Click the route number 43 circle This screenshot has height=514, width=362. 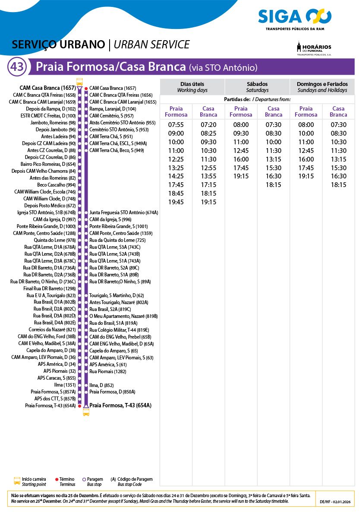17,67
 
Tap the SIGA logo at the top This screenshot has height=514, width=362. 295,18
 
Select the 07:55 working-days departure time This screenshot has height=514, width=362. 176,125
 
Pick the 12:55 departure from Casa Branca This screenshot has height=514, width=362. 208,168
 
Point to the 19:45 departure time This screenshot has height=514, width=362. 176,202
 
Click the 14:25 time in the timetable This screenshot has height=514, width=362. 176,176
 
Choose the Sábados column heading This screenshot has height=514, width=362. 257,87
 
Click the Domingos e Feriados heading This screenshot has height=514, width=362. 322,87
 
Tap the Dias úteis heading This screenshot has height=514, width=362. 192,87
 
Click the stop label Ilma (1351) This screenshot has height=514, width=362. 65,385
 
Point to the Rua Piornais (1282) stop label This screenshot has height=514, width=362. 107,371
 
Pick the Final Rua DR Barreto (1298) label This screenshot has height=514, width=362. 50,289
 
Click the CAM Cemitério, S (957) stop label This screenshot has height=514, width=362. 111,116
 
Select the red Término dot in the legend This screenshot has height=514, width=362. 57,479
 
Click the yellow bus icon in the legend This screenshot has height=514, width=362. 17,482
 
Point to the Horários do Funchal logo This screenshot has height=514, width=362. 314,48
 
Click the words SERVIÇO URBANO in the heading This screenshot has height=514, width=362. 59,44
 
